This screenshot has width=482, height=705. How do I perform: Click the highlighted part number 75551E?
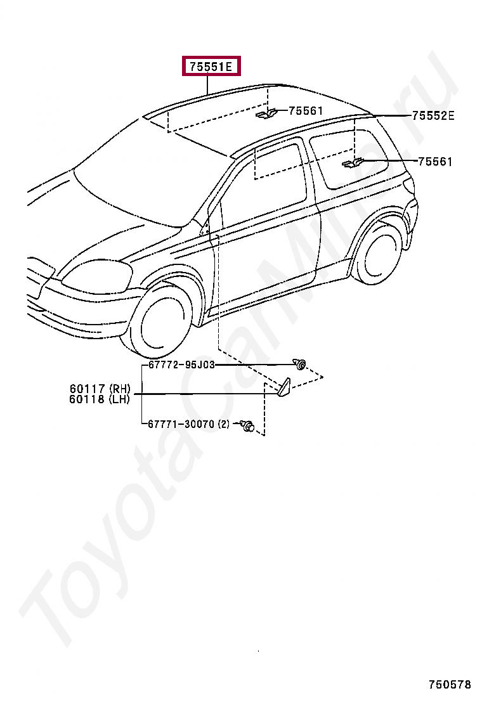click(212, 66)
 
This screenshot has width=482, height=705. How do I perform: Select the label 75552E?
click(433, 115)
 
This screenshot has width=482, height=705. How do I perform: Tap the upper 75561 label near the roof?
click(306, 111)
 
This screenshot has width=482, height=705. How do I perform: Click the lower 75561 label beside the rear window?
click(435, 162)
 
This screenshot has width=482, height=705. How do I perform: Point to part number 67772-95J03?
click(181, 365)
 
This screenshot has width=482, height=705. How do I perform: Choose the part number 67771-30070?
click(181, 424)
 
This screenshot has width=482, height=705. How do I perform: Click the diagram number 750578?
click(450, 685)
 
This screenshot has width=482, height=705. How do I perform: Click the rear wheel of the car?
click(378, 252)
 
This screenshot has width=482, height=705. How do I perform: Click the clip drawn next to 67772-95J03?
click(299, 364)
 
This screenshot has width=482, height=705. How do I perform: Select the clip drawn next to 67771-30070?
click(248, 426)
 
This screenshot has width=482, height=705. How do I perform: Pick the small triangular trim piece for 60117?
click(283, 387)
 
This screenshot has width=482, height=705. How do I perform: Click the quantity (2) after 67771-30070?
click(223, 424)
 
